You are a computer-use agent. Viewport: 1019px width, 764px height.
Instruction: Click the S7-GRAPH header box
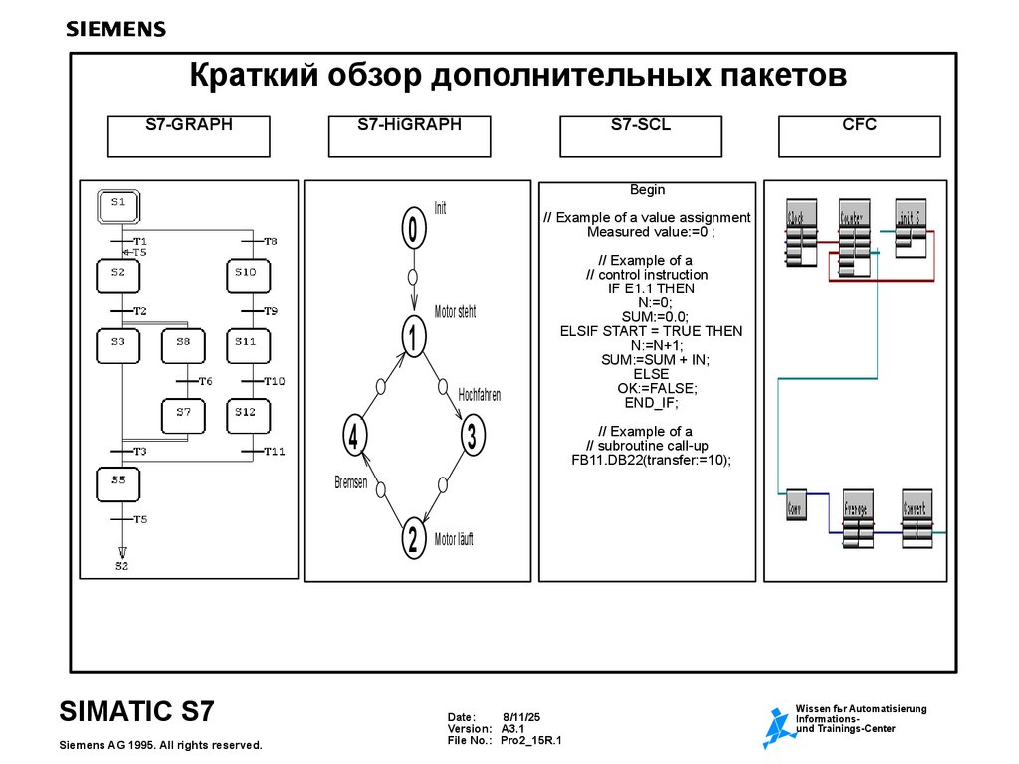[188, 136]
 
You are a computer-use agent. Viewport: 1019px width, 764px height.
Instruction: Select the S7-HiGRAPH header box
[409, 136]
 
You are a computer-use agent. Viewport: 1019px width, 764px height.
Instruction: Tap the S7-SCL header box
[640, 136]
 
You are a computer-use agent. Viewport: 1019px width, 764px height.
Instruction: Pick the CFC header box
[859, 136]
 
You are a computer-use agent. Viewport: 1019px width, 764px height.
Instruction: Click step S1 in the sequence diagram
[118, 206]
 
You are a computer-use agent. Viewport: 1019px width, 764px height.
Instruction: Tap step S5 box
[118, 483]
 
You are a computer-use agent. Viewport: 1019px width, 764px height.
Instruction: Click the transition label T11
[275, 452]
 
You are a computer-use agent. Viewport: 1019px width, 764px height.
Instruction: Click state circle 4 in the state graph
[354, 435]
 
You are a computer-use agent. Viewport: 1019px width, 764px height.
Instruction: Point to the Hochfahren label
[479, 395]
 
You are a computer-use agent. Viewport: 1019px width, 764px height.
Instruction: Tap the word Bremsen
[350, 482]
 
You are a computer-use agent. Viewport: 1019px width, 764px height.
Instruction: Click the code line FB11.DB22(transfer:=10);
[645, 460]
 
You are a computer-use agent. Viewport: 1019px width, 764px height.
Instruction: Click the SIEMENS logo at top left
[115, 30]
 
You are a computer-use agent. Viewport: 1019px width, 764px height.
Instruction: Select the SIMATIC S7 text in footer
[136, 712]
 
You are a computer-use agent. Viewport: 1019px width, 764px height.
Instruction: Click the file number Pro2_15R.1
[531, 741]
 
